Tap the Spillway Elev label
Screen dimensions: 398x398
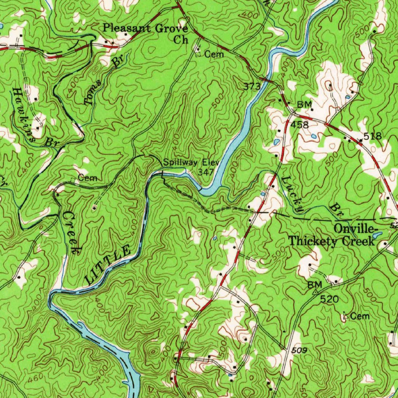[191, 162]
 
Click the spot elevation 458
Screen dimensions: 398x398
[300, 125]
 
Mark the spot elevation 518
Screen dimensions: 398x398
[372, 136]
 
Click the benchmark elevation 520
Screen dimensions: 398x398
[330, 299]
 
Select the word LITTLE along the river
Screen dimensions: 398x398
[108, 264]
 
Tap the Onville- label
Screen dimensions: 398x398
[355, 228]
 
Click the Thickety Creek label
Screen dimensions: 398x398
[331, 241]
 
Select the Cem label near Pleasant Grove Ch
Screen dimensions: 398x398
[214, 54]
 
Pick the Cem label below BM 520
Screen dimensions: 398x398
[360, 316]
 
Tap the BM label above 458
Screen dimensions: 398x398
[305, 105]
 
